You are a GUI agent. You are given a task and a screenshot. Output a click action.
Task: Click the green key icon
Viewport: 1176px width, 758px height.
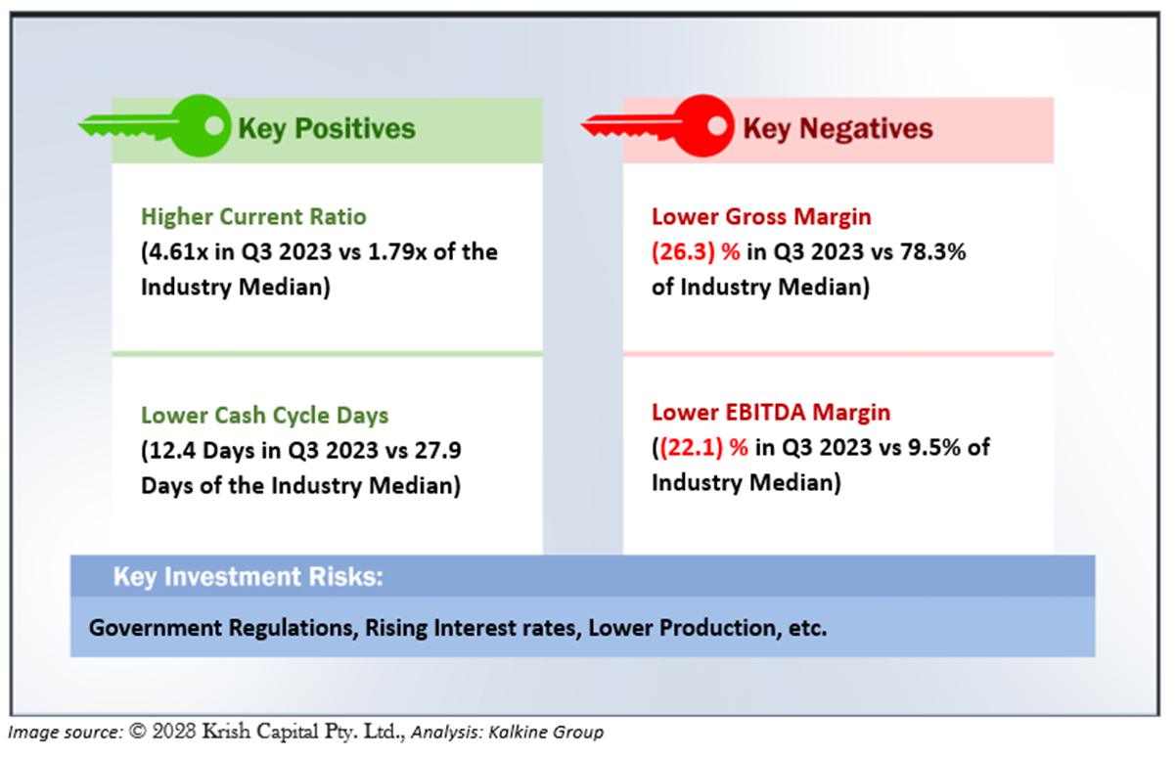(x=157, y=126)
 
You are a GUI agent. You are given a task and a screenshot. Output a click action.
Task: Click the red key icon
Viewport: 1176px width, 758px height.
(x=657, y=126)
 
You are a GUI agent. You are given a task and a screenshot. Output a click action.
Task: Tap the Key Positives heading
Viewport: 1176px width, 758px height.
(x=327, y=129)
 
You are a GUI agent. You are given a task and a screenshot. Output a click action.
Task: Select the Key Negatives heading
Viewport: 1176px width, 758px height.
(x=837, y=129)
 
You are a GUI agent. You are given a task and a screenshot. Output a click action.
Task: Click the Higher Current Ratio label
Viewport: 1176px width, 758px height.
(x=253, y=216)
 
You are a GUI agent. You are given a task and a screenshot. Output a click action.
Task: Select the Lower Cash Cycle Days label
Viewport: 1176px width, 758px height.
(x=264, y=416)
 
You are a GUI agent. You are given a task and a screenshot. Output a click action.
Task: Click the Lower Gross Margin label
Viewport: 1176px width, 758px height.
(x=761, y=216)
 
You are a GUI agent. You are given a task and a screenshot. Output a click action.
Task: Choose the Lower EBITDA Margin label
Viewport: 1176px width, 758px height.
(x=771, y=413)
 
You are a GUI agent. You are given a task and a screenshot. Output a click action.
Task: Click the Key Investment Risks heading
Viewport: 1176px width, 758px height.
(x=248, y=577)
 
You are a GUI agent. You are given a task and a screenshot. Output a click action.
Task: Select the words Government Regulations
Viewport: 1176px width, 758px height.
(x=221, y=628)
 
